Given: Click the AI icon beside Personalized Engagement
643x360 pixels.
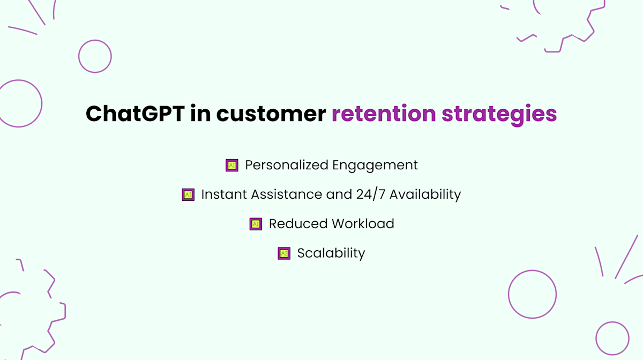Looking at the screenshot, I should click(x=231, y=166).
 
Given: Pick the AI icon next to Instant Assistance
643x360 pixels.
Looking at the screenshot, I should click(x=188, y=195).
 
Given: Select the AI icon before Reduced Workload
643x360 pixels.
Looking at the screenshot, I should click(x=256, y=224).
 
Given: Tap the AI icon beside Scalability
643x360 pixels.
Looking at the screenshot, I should click(x=284, y=253).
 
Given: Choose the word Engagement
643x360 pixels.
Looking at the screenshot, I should click(x=375, y=166).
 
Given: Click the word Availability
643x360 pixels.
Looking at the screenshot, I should click(x=425, y=194).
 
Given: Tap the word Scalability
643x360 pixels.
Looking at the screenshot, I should click(x=331, y=253).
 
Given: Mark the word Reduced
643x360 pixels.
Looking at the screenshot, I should click(x=297, y=224).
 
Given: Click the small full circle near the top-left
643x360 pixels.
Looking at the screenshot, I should click(x=95, y=56).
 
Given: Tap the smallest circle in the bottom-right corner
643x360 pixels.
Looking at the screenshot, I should click(x=612, y=338).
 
